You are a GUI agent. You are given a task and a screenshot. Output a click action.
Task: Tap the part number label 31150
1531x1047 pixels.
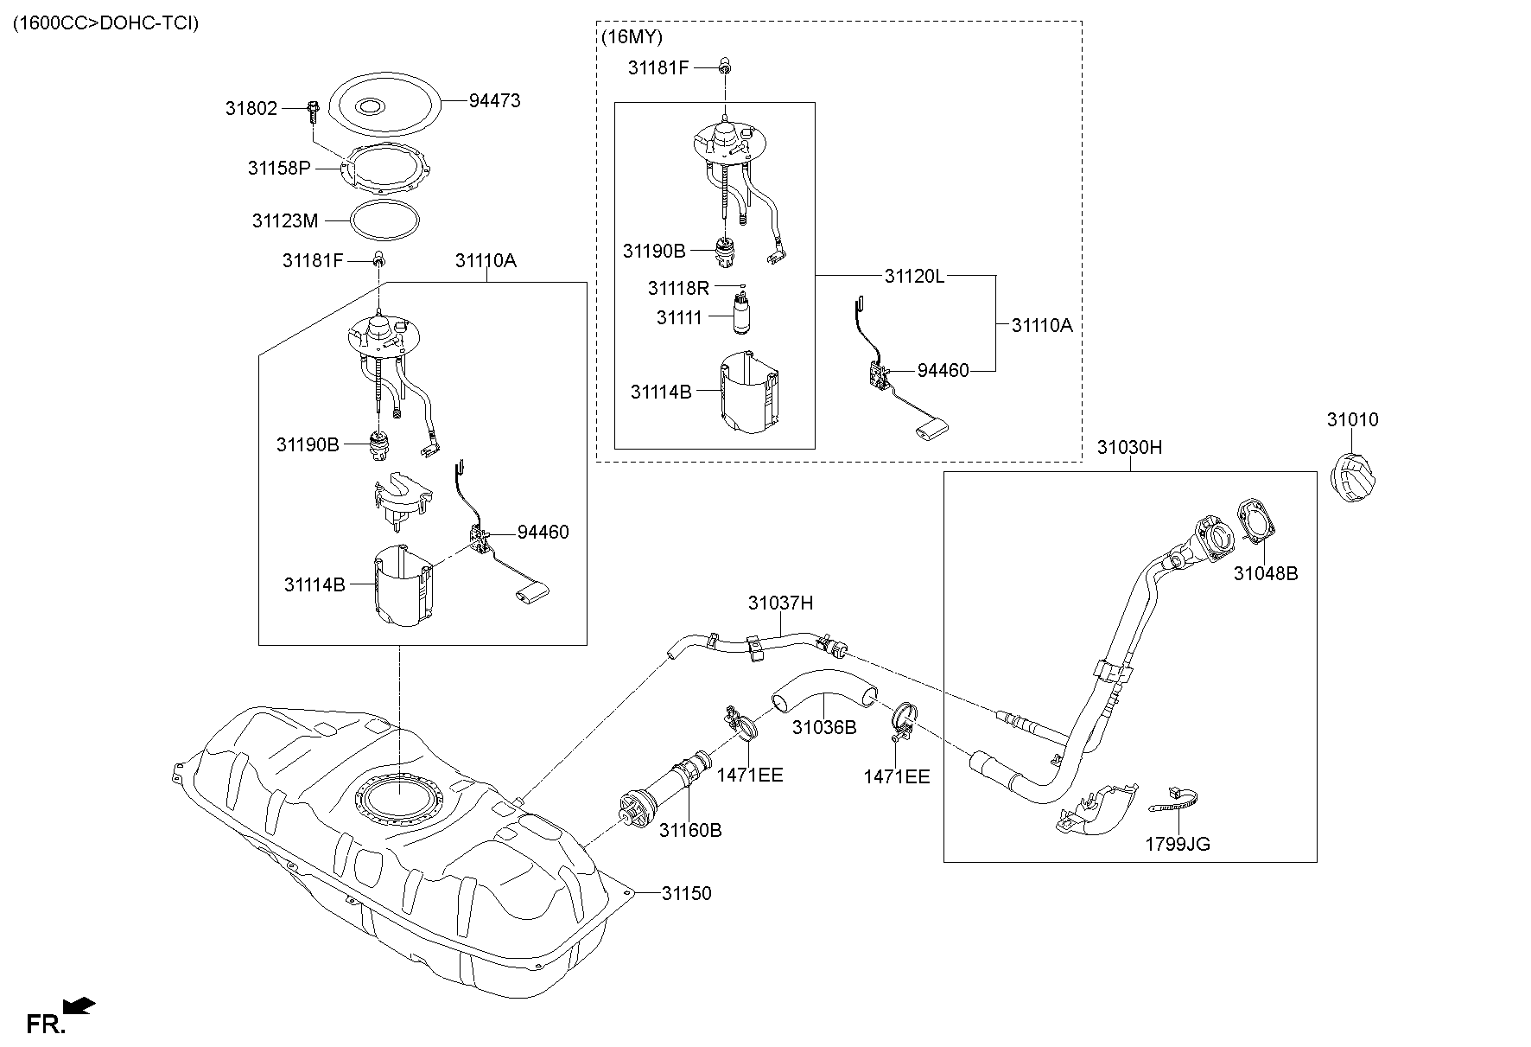coord(687,893)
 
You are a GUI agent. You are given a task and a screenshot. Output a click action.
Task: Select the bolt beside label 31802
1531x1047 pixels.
coord(312,112)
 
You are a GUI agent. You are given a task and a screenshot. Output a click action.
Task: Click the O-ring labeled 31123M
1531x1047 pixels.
coord(386,220)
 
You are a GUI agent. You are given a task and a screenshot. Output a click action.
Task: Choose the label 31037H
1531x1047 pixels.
coord(780,603)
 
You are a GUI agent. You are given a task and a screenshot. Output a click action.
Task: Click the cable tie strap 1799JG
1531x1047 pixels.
coord(1176,802)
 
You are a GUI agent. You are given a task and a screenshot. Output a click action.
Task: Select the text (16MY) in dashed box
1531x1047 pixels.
coord(631,37)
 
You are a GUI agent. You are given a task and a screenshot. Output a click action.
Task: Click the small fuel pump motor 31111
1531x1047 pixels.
coord(741,315)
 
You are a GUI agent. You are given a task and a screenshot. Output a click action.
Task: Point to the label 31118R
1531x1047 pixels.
coord(678,287)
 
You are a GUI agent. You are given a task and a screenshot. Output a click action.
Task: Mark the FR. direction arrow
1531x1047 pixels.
coord(80,1006)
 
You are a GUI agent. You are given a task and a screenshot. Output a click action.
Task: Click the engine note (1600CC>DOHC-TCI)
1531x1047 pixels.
coord(105,23)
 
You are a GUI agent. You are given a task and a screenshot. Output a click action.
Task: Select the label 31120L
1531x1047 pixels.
coord(914,276)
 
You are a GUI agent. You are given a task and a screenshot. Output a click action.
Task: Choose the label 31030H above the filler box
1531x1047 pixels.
coord(1129,447)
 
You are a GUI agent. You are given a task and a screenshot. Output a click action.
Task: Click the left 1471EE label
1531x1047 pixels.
coord(749,775)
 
